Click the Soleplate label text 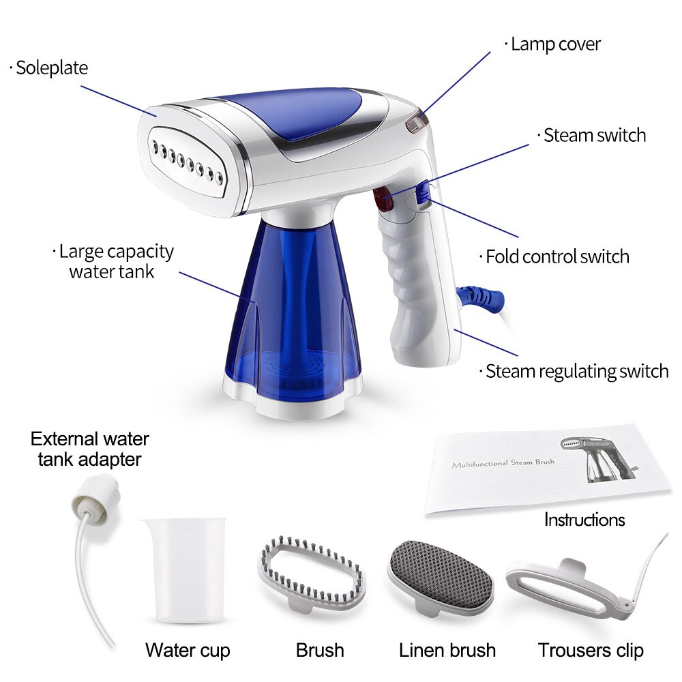[x=51, y=68]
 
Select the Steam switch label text [x=594, y=135]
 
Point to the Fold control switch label [x=557, y=257]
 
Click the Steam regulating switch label [x=576, y=372]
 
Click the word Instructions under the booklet [x=584, y=520]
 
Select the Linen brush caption [x=447, y=650]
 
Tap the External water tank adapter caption [x=89, y=449]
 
